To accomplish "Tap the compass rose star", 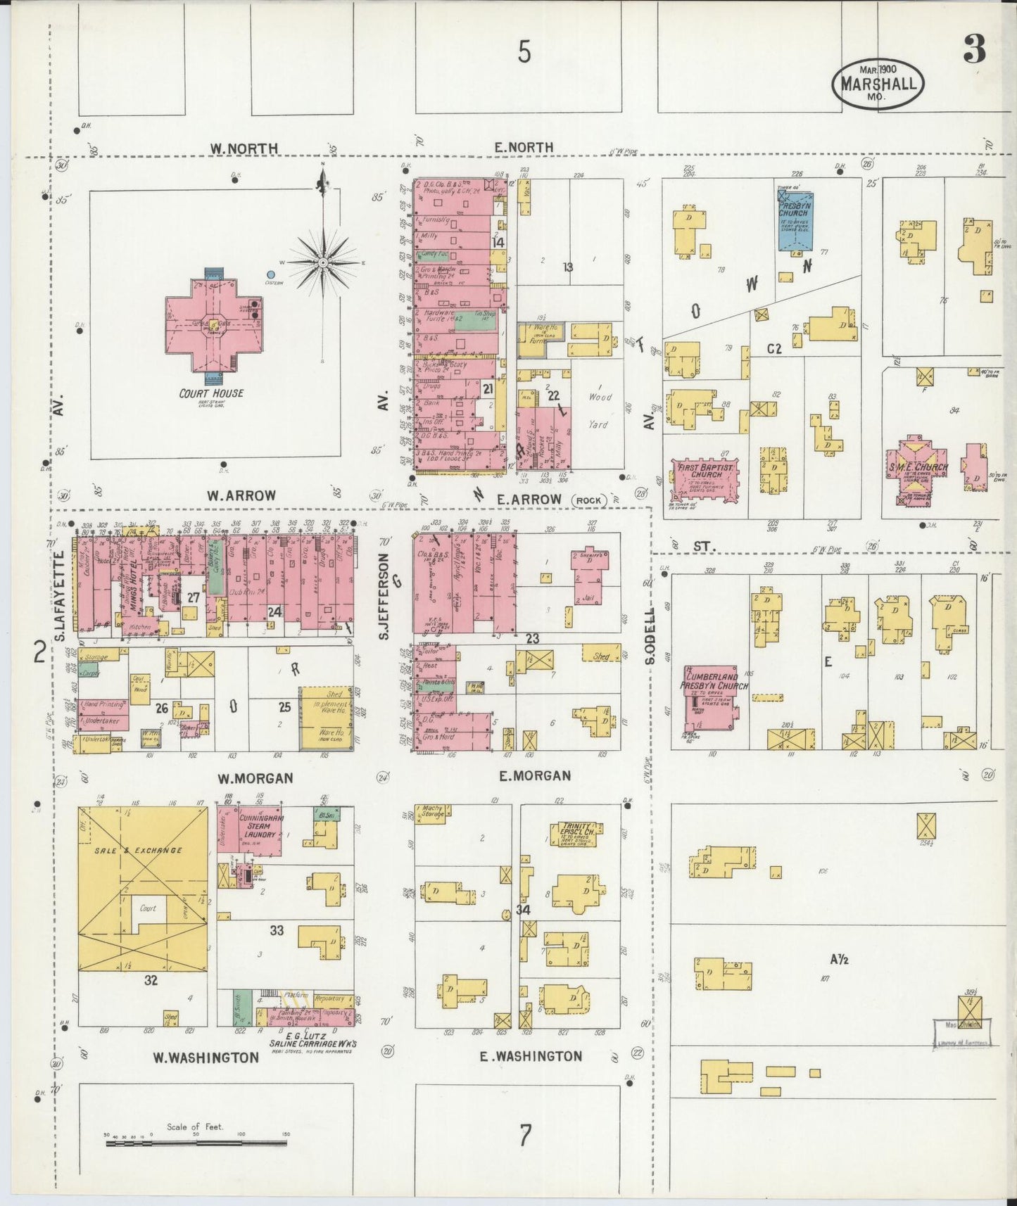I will pyautogui.click(x=322, y=262).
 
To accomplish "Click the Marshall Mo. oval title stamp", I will pyautogui.click(x=878, y=83).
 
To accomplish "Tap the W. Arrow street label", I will pyautogui.click(x=241, y=495).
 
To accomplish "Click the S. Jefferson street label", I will pyautogui.click(x=384, y=597).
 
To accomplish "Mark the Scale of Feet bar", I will pyautogui.click(x=198, y=1144).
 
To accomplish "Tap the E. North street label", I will pyautogui.click(x=523, y=147).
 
